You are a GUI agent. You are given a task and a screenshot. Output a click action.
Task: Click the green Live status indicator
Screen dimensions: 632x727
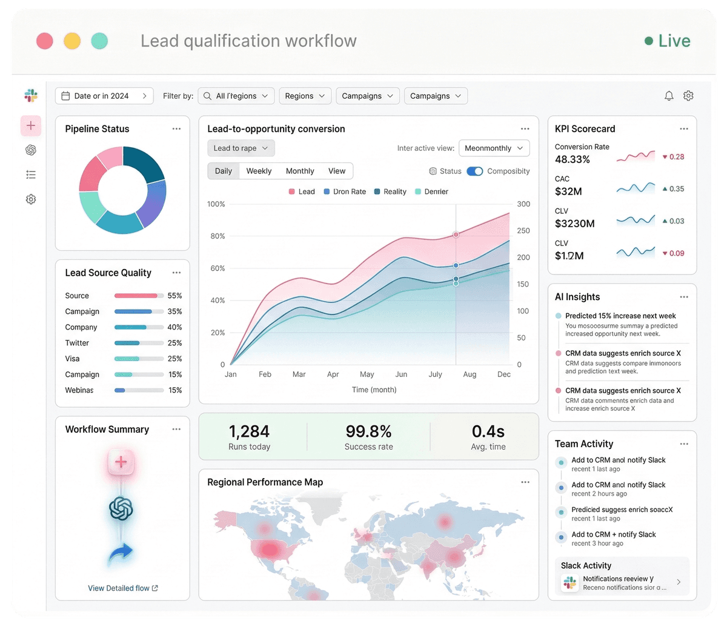[667, 41]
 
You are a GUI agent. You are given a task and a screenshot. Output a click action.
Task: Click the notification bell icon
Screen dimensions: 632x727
[669, 96]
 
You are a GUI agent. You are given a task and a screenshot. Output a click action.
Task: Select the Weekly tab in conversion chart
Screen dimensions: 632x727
[259, 171]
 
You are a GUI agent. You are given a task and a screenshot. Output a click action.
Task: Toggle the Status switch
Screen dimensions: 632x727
[475, 171]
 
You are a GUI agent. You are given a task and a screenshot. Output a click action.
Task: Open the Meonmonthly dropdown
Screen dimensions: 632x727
[494, 148]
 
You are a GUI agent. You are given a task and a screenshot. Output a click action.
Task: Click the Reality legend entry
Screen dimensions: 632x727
[390, 191]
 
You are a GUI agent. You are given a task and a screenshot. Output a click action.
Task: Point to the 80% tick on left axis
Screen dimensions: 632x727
[217, 236]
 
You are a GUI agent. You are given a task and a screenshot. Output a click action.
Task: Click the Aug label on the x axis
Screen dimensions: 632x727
[470, 374]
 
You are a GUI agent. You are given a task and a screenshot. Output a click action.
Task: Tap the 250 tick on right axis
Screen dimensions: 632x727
[523, 231]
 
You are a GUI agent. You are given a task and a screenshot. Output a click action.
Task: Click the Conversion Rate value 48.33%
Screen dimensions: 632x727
[572, 159]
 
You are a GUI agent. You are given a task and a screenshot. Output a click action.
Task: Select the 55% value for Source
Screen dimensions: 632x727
[174, 296]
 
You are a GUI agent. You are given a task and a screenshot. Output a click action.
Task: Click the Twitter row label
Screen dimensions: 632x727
[77, 343]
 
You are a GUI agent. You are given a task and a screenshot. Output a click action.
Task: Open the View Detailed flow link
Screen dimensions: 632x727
[122, 588]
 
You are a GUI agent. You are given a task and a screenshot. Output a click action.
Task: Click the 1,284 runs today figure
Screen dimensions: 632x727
[249, 431]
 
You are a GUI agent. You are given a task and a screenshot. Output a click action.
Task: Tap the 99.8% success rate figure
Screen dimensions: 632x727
[368, 431]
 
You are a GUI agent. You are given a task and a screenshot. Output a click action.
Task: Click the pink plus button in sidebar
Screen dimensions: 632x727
[31, 126]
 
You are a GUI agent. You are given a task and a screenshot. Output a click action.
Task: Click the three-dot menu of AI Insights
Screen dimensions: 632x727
[684, 297]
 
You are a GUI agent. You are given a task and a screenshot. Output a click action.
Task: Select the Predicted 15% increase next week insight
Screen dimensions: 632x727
[620, 316]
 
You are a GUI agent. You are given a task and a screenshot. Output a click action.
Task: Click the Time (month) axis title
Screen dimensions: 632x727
[374, 390]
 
